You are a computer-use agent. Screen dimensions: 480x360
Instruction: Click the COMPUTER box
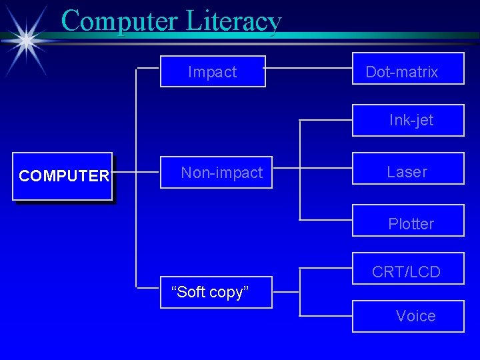click(x=63, y=176)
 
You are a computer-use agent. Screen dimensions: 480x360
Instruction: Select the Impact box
click(x=213, y=71)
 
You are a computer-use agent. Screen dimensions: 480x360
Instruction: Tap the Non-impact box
click(x=216, y=173)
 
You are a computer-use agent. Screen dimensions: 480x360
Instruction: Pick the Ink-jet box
click(x=407, y=121)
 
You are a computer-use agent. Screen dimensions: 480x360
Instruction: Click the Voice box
click(x=407, y=316)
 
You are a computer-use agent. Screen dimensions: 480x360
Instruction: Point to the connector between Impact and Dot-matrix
click(x=309, y=68)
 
